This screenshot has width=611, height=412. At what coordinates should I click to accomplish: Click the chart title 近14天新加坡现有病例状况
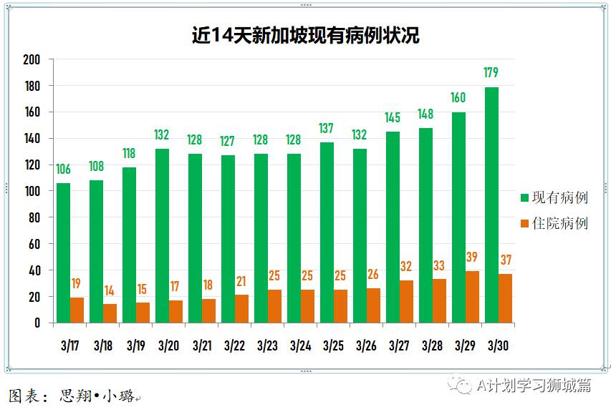(x=305, y=35)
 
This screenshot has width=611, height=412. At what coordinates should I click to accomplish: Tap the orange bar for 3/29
(x=472, y=297)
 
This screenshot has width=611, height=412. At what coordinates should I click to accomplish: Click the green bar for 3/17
(x=63, y=253)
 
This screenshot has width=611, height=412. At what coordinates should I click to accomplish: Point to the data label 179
(x=491, y=72)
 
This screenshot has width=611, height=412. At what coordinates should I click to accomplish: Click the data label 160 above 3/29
(x=458, y=97)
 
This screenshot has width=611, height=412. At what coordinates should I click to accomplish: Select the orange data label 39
(x=472, y=257)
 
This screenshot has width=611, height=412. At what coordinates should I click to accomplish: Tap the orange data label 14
(x=110, y=290)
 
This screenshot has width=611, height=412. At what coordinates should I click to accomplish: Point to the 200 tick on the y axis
(x=32, y=59)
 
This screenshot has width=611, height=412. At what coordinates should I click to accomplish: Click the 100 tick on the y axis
(x=32, y=191)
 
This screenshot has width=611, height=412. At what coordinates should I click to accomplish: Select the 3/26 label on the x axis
(x=366, y=345)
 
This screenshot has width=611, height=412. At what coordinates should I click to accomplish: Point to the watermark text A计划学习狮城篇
(x=534, y=386)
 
